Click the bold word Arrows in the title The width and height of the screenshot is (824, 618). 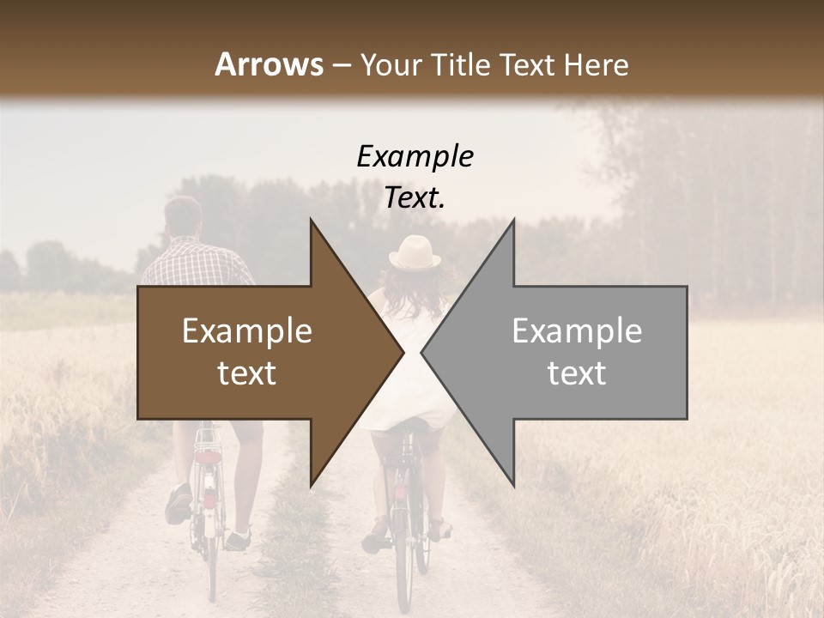pos(269,64)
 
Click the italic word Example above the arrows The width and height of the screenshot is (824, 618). pos(415,156)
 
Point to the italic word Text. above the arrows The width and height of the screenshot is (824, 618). pos(415,198)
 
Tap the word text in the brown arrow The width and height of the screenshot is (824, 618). pos(246,373)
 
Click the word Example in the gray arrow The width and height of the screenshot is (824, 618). pos(577,331)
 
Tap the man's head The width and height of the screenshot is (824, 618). pos(183,217)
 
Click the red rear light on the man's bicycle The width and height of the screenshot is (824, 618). pos(207,457)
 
